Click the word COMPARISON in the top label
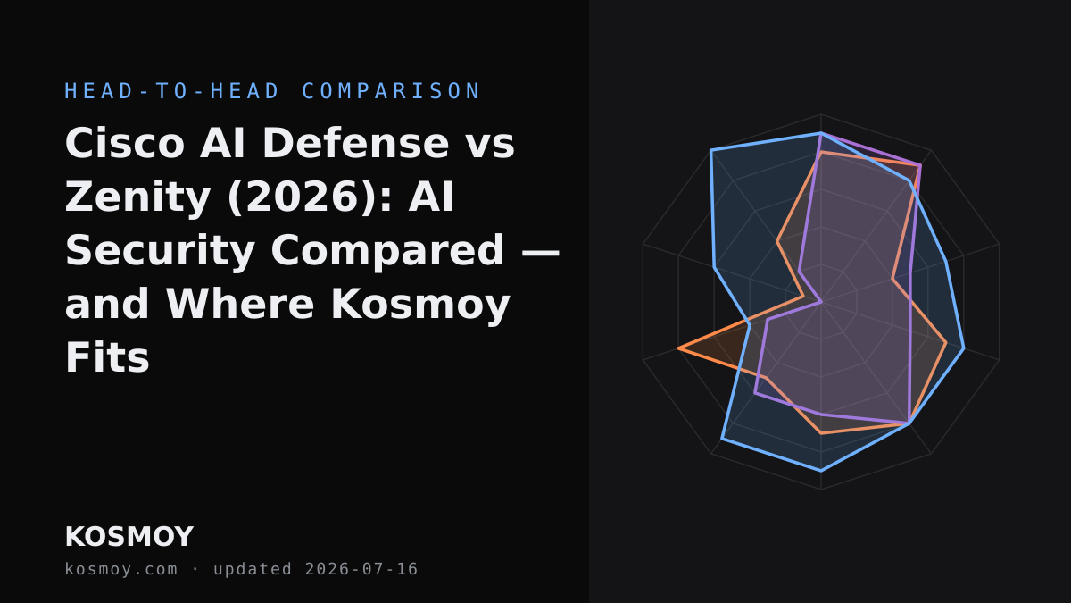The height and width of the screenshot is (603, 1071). [x=391, y=91]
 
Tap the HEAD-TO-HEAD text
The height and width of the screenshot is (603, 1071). [x=172, y=91]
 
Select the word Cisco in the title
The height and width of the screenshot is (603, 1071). [x=125, y=144]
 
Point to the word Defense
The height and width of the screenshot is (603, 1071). [x=356, y=144]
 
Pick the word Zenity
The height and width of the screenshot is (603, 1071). [x=137, y=197]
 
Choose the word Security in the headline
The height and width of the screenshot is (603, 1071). [x=160, y=251]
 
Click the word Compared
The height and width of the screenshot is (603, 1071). [x=387, y=251]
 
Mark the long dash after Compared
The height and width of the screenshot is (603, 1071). [x=540, y=252]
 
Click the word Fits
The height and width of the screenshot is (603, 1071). [x=107, y=358]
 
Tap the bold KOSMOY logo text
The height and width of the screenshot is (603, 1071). [x=129, y=537]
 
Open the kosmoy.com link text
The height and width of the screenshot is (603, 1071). [x=121, y=570]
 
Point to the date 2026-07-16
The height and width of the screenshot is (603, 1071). [x=361, y=570]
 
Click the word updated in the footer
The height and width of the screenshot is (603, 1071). [x=253, y=570]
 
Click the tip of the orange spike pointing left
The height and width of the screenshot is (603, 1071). [x=678, y=348]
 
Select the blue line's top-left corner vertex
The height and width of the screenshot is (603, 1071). [x=711, y=150]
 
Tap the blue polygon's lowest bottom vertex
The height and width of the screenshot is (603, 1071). [x=821, y=471]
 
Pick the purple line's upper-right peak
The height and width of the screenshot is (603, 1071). [x=920, y=165]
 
